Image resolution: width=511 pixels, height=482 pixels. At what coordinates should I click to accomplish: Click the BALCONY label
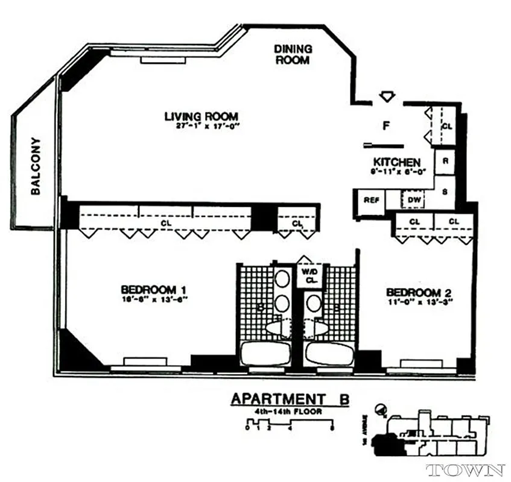[36, 166]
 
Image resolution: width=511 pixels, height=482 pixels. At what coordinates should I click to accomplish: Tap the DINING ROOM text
[293, 54]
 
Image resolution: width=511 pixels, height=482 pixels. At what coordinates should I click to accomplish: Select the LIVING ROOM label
[201, 116]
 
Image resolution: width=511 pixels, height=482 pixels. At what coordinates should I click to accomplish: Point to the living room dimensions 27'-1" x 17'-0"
[202, 127]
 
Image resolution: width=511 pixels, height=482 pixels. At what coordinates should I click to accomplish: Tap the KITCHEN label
[396, 162]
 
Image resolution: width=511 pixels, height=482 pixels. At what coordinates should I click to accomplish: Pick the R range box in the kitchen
[445, 161]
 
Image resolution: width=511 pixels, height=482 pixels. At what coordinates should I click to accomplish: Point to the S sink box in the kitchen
[445, 192]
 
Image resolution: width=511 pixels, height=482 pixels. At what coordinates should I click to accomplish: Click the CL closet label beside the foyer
[447, 127]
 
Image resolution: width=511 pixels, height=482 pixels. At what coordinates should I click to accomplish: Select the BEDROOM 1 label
[153, 290]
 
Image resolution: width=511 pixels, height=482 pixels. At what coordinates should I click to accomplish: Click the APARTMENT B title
[290, 399]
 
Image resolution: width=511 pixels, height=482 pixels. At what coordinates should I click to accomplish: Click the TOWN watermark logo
[465, 470]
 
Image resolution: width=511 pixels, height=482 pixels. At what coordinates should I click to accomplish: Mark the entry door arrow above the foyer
[387, 96]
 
